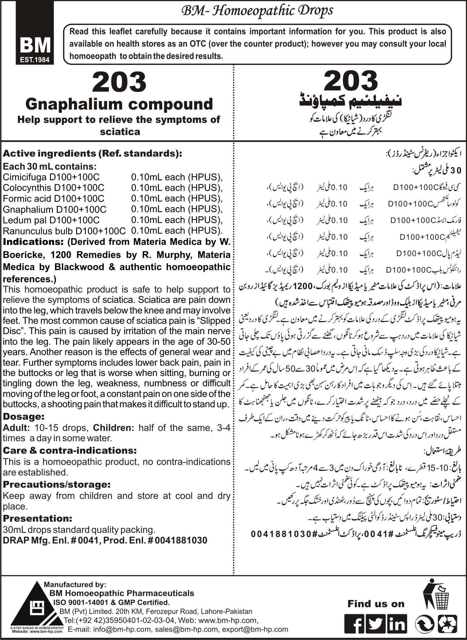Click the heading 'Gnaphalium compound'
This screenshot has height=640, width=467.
click(x=119, y=104)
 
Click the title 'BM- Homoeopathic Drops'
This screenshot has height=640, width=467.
click(x=257, y=11)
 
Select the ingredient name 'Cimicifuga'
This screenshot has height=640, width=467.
click(x=26, y=177)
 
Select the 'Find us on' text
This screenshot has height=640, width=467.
click(x=376, y=604)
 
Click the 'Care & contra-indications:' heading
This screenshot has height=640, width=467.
click(x=69, y=450)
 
